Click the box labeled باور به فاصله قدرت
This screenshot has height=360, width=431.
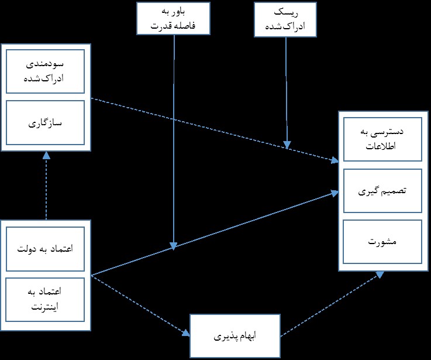pos(174,19)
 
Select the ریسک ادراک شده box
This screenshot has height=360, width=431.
pos(285,19)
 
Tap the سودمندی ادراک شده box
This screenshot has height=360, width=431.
pos(46,71)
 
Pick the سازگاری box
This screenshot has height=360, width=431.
pos(46,122)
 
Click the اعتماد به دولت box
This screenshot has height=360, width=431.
pos(46,249)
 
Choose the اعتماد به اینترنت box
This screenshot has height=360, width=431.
pos(46,300)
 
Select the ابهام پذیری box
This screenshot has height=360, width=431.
pos(235,336)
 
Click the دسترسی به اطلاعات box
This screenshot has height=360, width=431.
pos(382,139)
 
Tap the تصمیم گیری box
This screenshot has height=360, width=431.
pos(382,191)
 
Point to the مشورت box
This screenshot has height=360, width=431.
pos(382,242)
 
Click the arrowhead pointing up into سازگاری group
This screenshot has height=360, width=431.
pos(46,156)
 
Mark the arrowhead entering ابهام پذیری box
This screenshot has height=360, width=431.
pos(186,332)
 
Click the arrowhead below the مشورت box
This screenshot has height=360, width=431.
pos(380,275)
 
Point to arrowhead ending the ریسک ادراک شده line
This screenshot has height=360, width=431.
pos(287,145)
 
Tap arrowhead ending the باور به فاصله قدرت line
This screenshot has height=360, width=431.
pos(174,246)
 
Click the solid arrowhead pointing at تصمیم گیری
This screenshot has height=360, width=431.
pos(335,193)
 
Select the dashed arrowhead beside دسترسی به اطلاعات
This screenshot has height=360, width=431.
pos(335,160)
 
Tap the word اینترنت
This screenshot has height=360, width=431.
pos(44,307)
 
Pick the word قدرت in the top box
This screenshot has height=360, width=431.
pos(161,26)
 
